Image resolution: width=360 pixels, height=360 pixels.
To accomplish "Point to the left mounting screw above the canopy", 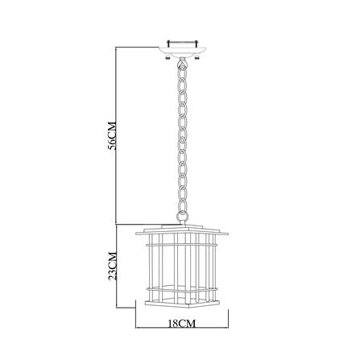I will pos(171,37).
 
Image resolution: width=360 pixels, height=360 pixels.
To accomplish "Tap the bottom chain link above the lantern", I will pos(182,215).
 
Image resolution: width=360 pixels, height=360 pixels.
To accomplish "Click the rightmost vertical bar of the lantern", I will pos(222,266).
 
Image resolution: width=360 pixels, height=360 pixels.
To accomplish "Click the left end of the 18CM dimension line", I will pos(135,330).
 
